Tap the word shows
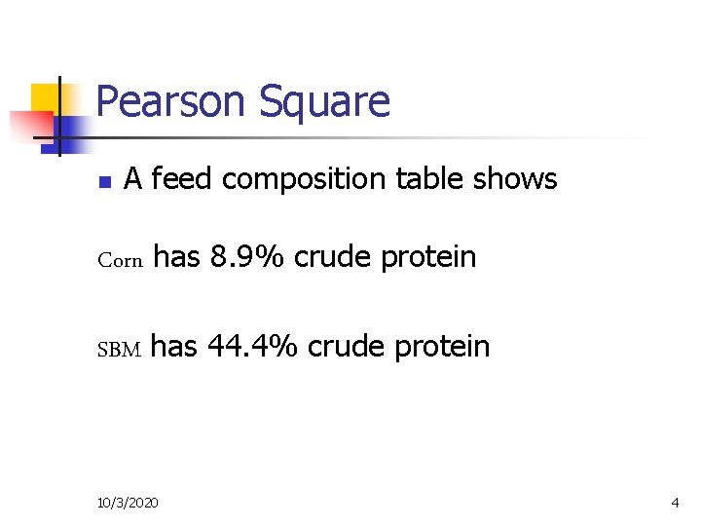(x=518, y=179)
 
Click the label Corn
(x=121, y=260)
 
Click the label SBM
(x=120, y=349)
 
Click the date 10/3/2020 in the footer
(x=130, y=502)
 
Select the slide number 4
(x=675, y=502)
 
